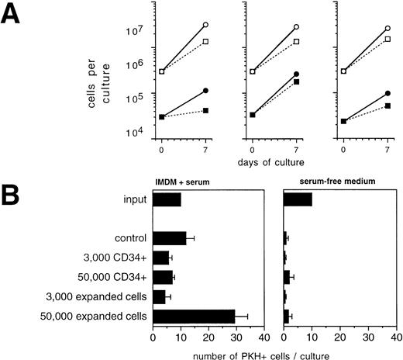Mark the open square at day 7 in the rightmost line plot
387,38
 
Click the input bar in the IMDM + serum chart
167,200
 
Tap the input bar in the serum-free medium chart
298,200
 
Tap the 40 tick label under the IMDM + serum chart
264,338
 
